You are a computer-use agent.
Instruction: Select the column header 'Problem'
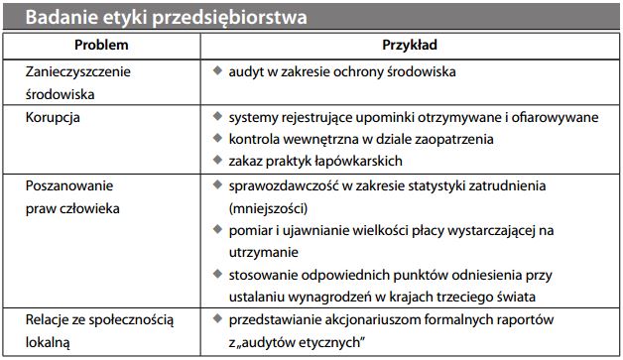coord(100,47)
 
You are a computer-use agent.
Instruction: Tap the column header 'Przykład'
coord(410,47)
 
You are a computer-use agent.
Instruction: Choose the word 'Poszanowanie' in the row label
coord(68,185)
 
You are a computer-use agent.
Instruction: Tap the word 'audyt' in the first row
coord(246,72)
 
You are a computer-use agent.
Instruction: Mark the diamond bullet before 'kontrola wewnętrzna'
coord(218,140)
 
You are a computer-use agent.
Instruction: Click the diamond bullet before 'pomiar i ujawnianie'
coord(218,230)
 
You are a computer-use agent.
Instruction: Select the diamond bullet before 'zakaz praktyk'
coord(218,162)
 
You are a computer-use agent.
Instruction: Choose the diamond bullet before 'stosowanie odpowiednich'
coord(218,275)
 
